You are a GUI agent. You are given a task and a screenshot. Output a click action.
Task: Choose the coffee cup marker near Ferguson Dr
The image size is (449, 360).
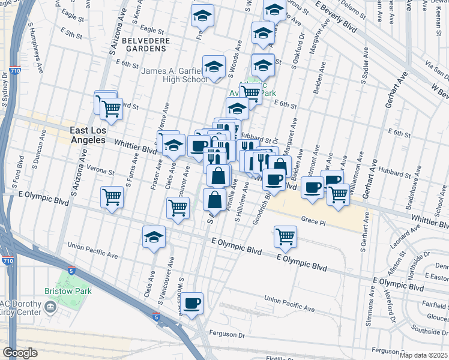point(192,304)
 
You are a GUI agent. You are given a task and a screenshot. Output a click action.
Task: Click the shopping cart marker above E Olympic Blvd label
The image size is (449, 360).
point(285,236)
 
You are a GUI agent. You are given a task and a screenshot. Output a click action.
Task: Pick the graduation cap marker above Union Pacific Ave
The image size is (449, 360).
point(154,238)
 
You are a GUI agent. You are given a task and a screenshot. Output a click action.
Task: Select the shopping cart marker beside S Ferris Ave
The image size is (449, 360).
point(112,197)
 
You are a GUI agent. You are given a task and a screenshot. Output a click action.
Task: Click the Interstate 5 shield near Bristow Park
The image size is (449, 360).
point(71,271)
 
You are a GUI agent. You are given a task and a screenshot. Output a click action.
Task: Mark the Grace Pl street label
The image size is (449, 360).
point(313,221)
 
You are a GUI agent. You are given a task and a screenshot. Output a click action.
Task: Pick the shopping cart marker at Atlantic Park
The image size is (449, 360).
point(252,93)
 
